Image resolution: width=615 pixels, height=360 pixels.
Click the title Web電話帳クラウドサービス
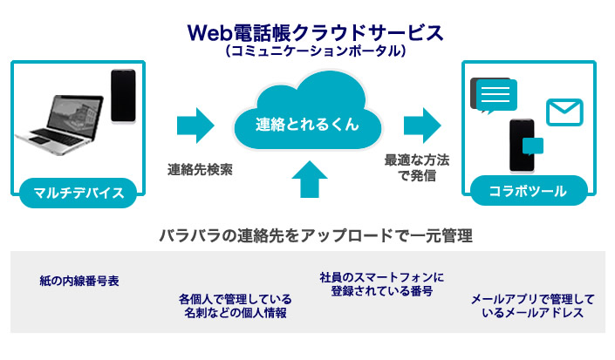pyautogui.click(x=316, y=33)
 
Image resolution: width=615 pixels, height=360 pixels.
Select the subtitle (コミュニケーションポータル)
pyautogui.click(x=316, y=51)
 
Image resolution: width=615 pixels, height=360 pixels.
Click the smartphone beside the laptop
pyautogui.click(x=123, y=96)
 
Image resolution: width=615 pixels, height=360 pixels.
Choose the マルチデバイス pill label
pyautogui.click(x=79, y=193)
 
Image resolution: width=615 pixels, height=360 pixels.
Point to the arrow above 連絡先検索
pyautogui.click(x=195, y=126)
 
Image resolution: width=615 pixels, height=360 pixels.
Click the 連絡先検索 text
pyautogui.click(x=200, y=170)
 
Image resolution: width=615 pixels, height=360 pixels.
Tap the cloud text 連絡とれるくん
pyautogui.click(x=307, y=124)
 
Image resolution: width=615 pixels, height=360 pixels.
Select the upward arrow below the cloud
pyautogui.click(x=310, y=180)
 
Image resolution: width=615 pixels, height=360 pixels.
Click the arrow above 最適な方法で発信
pyautogui.click(x=422, y=126)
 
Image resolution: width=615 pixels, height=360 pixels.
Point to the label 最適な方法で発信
pyautogui.click(x=417, y=167)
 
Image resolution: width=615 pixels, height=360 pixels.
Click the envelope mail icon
pyautogui.click(x=564, y=112)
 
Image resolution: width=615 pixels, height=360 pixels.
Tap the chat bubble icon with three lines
pyautogui.click(x=495, y=96)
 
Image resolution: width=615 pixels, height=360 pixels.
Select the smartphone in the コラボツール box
pyautogui.click(x=522, y=146)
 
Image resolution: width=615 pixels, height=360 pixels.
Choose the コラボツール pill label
pyautogui.click(x=529, y=191)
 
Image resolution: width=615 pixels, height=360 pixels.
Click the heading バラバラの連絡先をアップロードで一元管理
pyautogui.click(x=316, y=236)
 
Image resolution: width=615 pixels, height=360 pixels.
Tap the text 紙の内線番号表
pyautogui.click(x=79, y=281)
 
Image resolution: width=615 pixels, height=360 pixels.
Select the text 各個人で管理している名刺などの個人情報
pyautogui.click(x=236, y=306)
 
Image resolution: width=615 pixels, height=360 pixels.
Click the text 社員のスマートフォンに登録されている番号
pyautogui.click(x=381, y=284)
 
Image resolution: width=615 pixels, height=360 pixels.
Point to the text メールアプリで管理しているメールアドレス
pyautogui.click(x=533, y=306)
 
